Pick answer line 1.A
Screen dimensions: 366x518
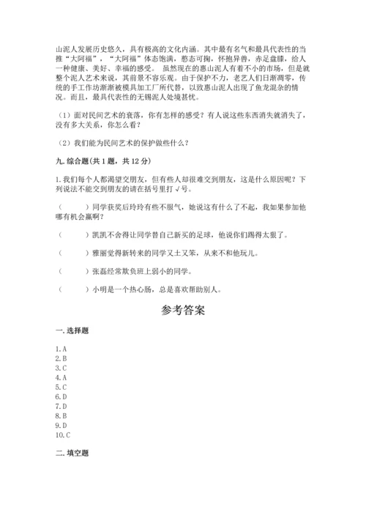(61, 349)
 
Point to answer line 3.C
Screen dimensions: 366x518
(61, 368)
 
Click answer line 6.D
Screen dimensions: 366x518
(61, 396)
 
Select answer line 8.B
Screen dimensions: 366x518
(61, 415)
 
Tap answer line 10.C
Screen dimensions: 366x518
(63, 434)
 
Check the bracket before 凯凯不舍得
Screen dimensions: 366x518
(72, 235)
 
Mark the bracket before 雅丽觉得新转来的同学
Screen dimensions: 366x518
(72, 254)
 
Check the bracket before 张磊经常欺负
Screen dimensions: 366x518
(72, 272)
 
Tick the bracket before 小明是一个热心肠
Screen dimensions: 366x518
(72, 289)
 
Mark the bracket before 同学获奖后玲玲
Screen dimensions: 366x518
(72, 207)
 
